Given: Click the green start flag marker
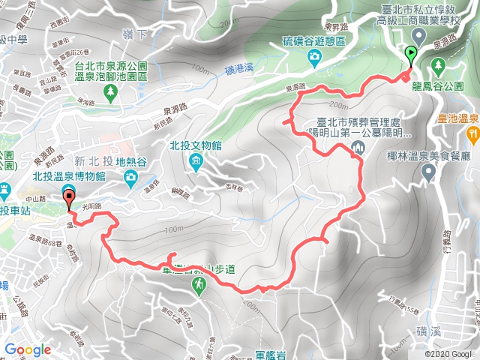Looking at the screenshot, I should (410, 54).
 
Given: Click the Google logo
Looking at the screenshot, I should (28, 349).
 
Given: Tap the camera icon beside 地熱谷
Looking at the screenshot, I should (131, 178).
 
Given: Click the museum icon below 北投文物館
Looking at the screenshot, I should (196, 160).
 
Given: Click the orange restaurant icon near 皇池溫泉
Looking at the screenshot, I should (472, 134).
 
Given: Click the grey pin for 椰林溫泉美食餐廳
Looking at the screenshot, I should (428, 172).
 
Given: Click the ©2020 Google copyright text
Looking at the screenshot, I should (448, 353).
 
